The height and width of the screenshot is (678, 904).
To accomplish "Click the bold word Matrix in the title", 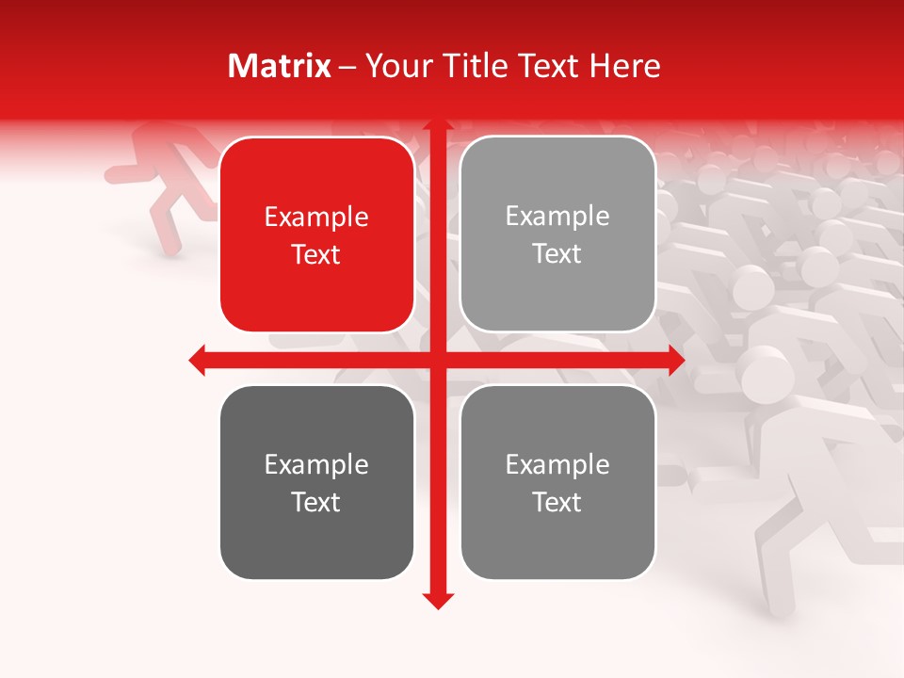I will tap(280, 66).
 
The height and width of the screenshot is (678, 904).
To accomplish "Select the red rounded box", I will tap(316, 235).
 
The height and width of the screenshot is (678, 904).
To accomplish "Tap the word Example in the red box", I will tap(316, 218).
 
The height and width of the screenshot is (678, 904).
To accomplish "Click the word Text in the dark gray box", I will tap(316, 502).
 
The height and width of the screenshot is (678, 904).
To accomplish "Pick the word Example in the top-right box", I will tap(557, 217).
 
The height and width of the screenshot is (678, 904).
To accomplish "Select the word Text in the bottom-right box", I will tap(557, 502).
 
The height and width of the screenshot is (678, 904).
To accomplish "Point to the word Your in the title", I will tap(395, 66).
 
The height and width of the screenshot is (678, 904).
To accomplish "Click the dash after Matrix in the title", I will tap(347, 67).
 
